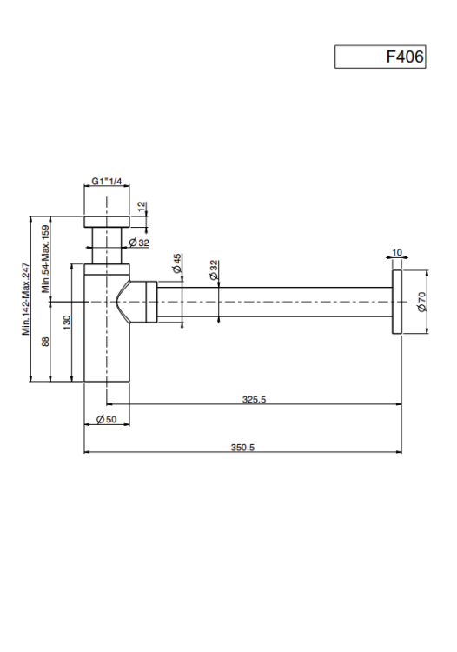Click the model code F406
click(x=405, y=57)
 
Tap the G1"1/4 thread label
click(x=107, y=182)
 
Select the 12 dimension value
click(x=142, y=207)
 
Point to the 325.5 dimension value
click(x=254, y=399)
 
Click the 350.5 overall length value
click(x=242, y=448)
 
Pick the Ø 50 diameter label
click(x=106, y=419)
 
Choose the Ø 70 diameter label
click(x=421, y=302)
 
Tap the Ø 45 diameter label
click(x=177, y=263)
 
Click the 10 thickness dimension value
click(x=397, y=252)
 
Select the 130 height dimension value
click(x=67, y=323)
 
